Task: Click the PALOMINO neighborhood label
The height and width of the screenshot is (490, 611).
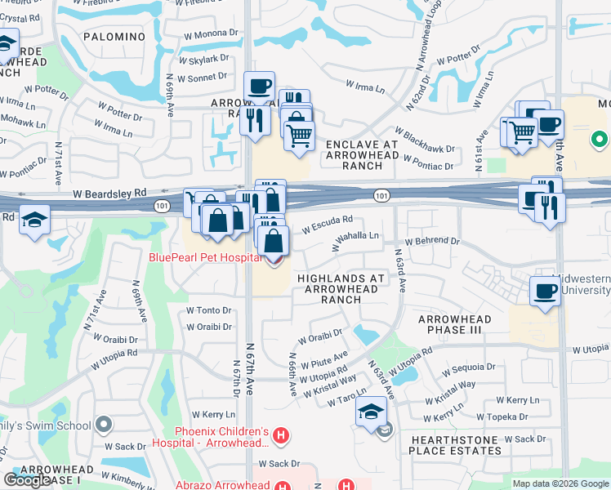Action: tap(114, 37)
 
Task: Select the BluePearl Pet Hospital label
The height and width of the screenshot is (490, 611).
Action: tap(204, 257)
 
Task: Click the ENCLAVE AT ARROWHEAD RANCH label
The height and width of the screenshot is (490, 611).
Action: tap(362, 155)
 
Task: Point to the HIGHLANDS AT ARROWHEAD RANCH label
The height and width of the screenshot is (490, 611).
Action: tap(341, 289)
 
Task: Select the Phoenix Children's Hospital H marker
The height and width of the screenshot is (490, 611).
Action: tap(280, 435)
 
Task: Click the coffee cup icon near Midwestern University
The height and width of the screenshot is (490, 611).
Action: tap(545, 291)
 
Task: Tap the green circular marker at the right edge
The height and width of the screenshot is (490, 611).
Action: tap(599, 140)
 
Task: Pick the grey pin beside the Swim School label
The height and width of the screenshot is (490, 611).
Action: tap(103, 425)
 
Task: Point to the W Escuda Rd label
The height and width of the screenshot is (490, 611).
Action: tap(327, 223)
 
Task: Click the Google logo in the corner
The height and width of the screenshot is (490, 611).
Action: tap(27, 480)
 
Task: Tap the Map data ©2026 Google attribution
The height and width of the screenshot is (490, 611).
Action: tap(560, 483)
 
